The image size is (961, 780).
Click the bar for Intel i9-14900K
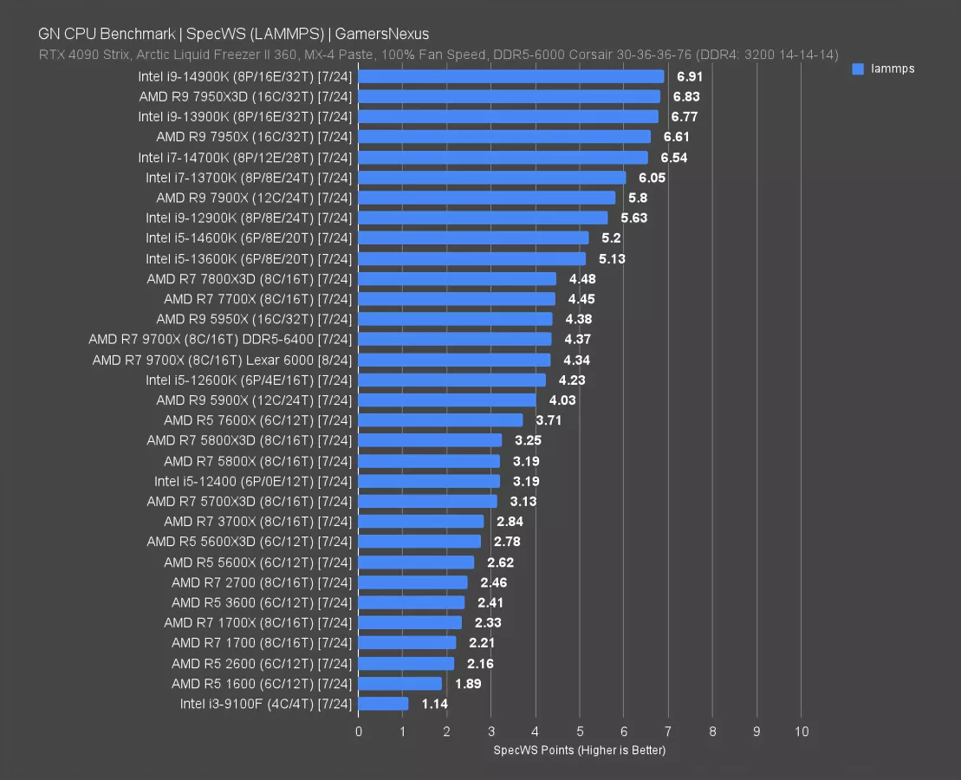click(x=511, y=76)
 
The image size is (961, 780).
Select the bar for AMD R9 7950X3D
click(x=510, y=96)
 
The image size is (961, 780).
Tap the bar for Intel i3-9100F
click(x=383, y=704)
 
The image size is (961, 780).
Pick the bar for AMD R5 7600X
click(x=440, y=420)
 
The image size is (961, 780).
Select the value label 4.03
click(x=562, y=400)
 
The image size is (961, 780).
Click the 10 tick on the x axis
click(x=802, y=732)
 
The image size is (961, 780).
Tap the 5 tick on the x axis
click(x=580, y=732)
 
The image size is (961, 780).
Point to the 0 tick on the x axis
click(x=359, y=732)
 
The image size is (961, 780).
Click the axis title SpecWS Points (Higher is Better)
click(x=580, y=750)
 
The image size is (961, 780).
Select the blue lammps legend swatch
click(x=858, y=68)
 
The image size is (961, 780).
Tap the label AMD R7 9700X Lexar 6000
click(x=223, y=360)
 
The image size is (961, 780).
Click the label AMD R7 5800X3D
click(x=250, y=440)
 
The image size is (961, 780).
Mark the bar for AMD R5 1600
click(x=400, y=683)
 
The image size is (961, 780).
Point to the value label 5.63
click(x=633, y=218)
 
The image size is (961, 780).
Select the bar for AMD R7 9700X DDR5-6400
click(x=455, y=339)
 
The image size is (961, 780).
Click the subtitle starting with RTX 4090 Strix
click(x=438, y=55)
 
